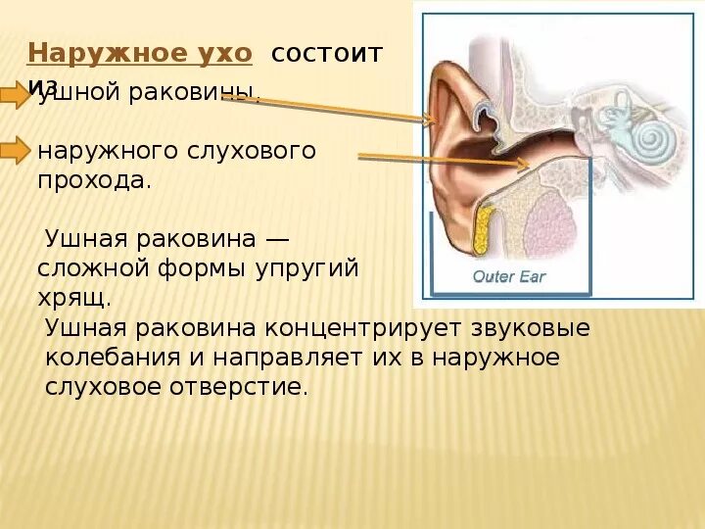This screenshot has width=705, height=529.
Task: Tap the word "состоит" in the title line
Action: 326,53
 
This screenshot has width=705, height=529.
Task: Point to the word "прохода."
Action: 94,180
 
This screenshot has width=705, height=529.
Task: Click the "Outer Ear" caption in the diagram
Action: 508,276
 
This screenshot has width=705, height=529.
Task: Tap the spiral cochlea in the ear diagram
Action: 645,143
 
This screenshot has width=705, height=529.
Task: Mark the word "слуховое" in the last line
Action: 109,387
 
